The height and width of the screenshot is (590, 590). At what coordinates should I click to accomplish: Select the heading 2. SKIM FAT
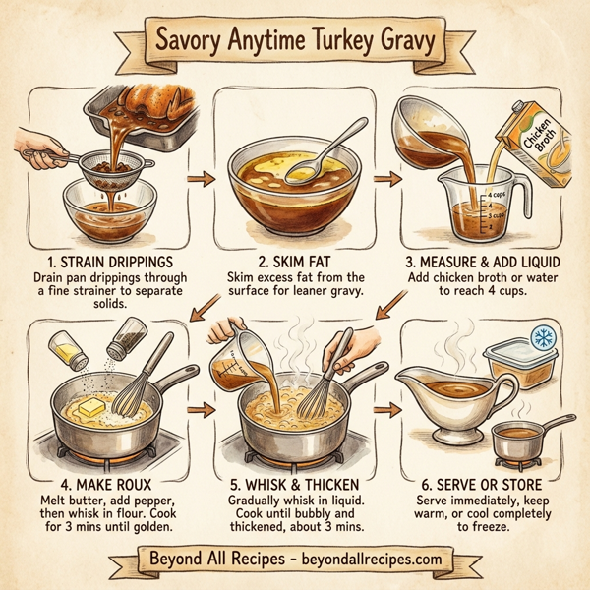(297, 263)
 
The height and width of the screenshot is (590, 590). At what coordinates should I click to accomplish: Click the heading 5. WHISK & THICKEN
(297, 485)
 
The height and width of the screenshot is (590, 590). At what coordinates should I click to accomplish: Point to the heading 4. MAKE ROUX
(100, 485)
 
